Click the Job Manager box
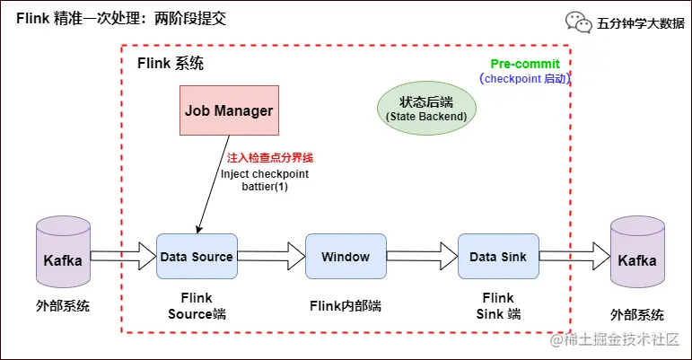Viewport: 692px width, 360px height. (229, 110)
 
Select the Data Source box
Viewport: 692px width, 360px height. (197, 257)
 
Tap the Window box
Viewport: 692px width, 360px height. (346, 257)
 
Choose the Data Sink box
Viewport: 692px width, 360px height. (496, 257)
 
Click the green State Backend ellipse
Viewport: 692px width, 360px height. (426, 109)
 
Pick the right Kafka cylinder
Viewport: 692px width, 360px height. (636, 259)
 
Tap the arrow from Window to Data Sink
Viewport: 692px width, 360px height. (422, 257)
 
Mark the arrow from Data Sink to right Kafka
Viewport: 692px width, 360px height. (573, 258)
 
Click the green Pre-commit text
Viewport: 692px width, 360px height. (525, 65)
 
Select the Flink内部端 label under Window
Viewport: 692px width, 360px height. (346, 305)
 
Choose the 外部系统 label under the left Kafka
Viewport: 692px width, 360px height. (63, 306)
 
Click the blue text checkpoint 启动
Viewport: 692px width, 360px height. (525, 79)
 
